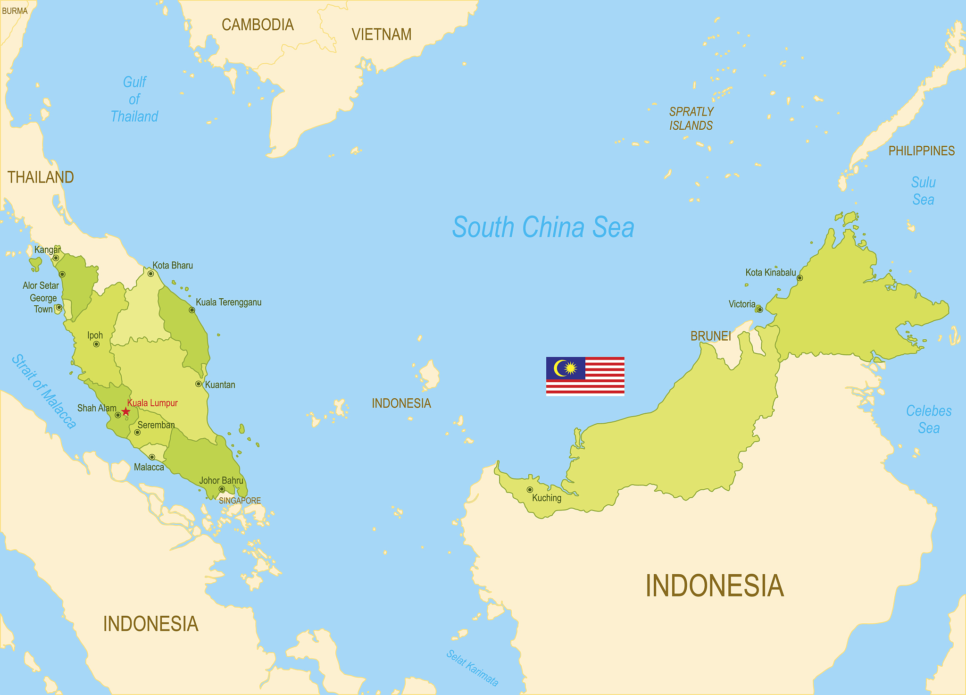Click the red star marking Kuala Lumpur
pyautogui.click(x=125, y=412)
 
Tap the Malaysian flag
pyautogui.click(x=585, y=376)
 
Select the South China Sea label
pyautogui.click(x=543, y=227)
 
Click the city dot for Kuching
pyautogui.click(x=530, y=490)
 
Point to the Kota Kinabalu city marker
pyautogui.click(x=799, y=278)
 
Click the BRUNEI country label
pyautogui.click(x=710, y=336)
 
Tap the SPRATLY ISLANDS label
pyautogui.click(x=691, y=118)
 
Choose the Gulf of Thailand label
pyautogui.click(x=134, y=99)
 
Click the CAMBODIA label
pyautogui.click(x=258, y=25)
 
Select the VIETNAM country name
pyautogui.click(x=382, y=34)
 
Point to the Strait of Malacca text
pyautogui.click(x=44, y=391)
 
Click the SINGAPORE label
pyautogui.click(x=240, y=501)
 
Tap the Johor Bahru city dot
pyautogui.click(x=222, y=489)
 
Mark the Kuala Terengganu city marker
pyautogui.click(x=192, y=310)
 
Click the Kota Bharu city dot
pyautogui.click(x=151, y=274)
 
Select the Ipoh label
pyautogui.click(x=95, y=335)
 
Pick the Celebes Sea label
pyautogui.click(x=929, y=419)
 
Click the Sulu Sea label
pyautogui.click(x=923, y=191)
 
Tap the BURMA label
pyautogui.click(x=15, y=11)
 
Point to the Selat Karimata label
pyautogui.click(x=472, y=668)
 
